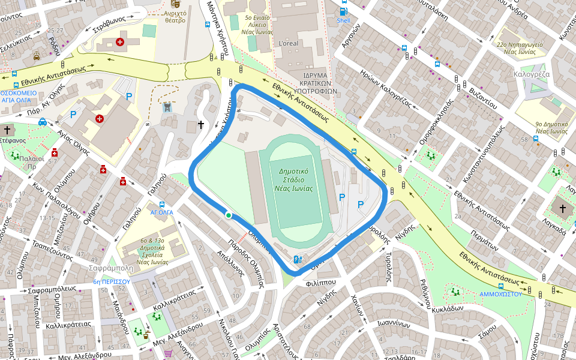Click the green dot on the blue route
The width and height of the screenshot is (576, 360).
pos(228,215)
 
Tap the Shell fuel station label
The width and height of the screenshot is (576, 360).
pos(343,20)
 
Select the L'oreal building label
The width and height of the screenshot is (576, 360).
pos(289,44)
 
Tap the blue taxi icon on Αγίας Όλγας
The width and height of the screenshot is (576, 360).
pos(43,122)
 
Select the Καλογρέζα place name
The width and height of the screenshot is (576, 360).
pos(532,75)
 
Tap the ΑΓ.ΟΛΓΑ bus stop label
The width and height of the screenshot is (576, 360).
pos(161,212)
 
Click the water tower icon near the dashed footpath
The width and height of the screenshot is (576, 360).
pos(167,107)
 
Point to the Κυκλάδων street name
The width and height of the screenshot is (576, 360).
pos(447,308)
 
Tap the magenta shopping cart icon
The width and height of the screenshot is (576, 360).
pos(167,353)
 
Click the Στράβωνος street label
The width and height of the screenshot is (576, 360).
pos(109,25)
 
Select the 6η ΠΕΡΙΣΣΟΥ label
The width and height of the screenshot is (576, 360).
pos(112,281)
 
